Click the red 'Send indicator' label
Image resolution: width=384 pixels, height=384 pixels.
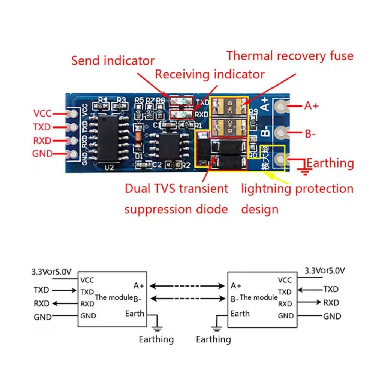tap(112, 60)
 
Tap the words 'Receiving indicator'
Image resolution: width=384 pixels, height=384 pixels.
tap(210, 74)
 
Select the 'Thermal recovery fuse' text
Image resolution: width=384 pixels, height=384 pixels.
tap(290, 56)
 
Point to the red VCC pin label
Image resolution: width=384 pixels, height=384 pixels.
tap(42, 113)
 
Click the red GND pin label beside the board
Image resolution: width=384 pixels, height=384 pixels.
tap(42, 154)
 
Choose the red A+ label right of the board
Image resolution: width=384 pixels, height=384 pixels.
tap(312, 106)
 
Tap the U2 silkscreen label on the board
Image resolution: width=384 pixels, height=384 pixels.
tap(109, 168)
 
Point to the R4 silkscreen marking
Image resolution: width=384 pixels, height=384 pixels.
tap(102, 100)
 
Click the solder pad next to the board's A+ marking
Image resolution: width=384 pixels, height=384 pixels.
tap(280, 106)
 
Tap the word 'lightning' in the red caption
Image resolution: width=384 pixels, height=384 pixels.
tap(265, 188)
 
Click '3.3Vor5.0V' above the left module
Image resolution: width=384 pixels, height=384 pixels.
tap(51, 271)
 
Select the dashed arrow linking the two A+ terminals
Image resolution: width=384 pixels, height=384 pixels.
tap(187, 286)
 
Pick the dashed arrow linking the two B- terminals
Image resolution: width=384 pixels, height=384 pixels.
tap(187, 299)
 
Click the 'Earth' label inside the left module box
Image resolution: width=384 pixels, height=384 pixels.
tap(135, 313)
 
